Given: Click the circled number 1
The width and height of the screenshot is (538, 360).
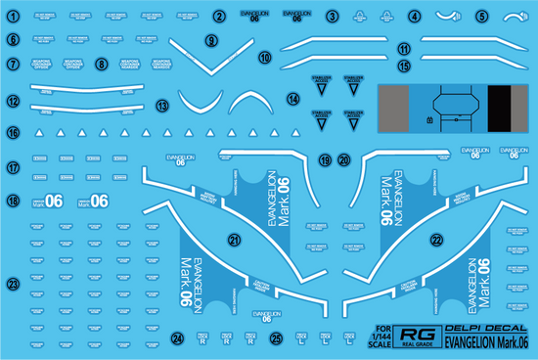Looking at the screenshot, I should (x=14, y=17).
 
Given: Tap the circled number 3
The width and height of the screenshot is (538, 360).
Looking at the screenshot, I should (x=333, y=17).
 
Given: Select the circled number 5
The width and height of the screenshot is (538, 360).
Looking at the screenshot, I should (x=482, y=17).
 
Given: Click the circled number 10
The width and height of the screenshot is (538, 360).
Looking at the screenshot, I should (x=264, y=58).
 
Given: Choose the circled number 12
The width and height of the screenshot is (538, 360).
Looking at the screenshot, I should (x=14, y=101).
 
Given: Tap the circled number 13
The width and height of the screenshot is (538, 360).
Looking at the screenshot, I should (x=162, y=105).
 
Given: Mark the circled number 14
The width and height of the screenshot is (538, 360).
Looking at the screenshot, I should (x=292, y=99).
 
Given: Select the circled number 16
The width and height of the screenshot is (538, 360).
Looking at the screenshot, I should (x=14, y=132).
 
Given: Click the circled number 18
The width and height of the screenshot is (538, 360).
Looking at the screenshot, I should (x=14, y=201).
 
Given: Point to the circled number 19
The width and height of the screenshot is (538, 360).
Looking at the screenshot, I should (x=325, y=159).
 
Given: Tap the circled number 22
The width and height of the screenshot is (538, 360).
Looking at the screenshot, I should (x=435, y=238).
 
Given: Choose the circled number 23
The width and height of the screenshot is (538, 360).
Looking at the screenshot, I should (x=14, y=285).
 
